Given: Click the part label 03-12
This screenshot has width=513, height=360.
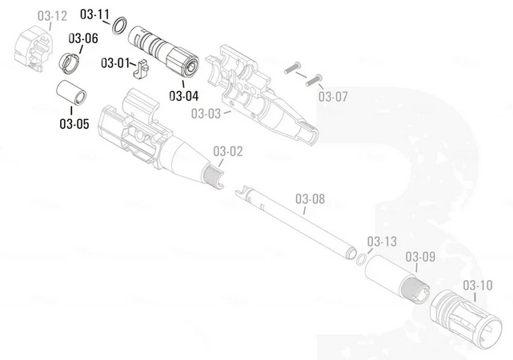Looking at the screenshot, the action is [x=52, y=16].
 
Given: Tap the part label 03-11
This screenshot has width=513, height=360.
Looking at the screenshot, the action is [x=95, y=14].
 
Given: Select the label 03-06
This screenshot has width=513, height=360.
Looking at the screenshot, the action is [x=83, y=38].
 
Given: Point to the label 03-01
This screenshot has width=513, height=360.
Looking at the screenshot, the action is [x=115, y=62].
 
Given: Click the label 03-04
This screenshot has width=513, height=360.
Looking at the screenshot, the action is [x=184, y=96].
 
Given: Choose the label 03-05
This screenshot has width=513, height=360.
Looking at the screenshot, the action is [x=74, y=124].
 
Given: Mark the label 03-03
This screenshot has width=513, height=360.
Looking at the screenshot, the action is [x=206, y=114].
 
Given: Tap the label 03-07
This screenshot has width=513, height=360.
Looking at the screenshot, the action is [x=333, y=97].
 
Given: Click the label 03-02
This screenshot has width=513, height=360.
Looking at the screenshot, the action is [x=228, y=151].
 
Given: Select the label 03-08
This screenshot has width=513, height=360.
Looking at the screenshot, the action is [x=311, y=199].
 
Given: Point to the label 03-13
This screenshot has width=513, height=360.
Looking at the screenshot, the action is [x=382, y=242].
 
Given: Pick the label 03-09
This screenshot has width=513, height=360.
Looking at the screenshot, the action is [x=420, y=257].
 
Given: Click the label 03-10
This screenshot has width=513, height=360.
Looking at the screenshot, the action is [x=478, y=285].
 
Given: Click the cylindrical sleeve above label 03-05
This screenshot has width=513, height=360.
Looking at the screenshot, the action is [x=71, y=93].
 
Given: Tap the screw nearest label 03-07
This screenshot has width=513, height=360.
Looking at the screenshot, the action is [x=314, y=81].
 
